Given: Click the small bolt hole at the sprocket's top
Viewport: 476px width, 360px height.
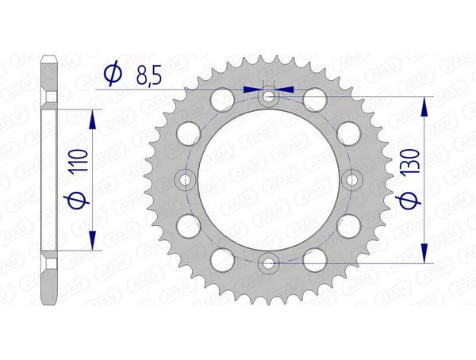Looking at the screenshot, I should click(x=270, y=97).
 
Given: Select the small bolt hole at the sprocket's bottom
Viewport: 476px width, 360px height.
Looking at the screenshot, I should click(x=270, y=262).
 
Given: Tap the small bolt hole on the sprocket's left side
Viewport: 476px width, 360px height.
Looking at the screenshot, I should click(x=186, y=180).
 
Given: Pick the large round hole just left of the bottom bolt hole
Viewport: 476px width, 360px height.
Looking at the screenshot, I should click(x=224, y=259).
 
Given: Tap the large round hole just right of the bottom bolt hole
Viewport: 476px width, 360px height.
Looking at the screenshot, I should click(x=316, y=259).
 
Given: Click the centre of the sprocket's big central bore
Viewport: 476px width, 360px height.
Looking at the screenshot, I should click(x=270, y=180).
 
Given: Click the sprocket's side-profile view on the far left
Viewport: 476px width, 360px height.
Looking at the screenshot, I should click(x=49, y=180).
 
